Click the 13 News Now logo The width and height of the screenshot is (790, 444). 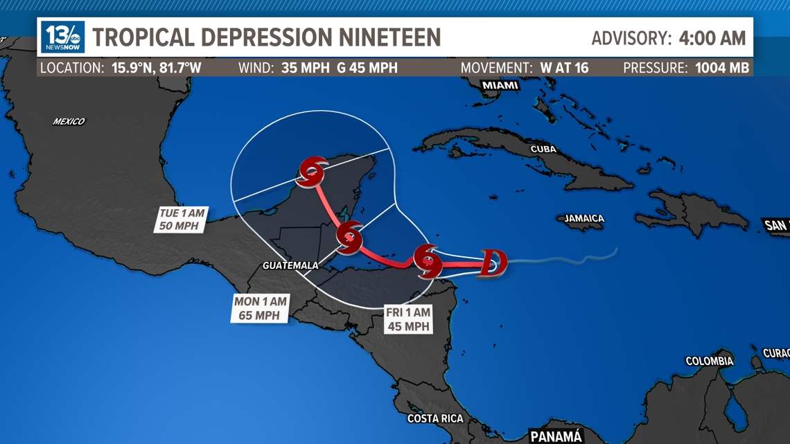pyautogui.click(x=62, y=37)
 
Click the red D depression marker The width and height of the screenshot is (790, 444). pyautogui.click(x=491, y=263)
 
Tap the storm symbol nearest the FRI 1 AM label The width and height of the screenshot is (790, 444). pyautogui.click(x=428, y=261)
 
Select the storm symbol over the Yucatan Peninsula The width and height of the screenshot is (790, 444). pyautogui.click(x=313, y=171)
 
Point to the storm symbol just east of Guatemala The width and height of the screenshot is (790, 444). pyautogui.click(x=349, y=237)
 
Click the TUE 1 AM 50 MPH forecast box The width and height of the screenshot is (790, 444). pyautogui.click(x=182, y=220)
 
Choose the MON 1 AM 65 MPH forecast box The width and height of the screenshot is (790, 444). pyautogui.click(x=259, y=308)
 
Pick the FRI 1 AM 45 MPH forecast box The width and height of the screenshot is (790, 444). pyautogui.click(x=409, y=319)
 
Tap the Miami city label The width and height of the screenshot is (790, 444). pyautogui.click(x=500, y=85)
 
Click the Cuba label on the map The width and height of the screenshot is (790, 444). pyautogui.click(x=543, y=149)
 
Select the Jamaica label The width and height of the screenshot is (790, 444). pyautogui.click(x=584, y=218)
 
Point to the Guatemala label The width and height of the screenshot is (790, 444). pyautogui.click(x=290, y=265)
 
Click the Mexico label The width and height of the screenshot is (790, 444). pyautogui.click(x=69, y=121)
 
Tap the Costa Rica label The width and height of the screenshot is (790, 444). pyautogui.click(x=435, y=418)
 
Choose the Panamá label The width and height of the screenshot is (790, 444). pyautogui.click(x=556, y=436)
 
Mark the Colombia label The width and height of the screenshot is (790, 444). pyautogui.click(x=709, y=361)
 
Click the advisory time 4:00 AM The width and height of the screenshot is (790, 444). pyautogui.click(x=712, y=37)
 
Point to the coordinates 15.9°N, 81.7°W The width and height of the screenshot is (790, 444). pyautogui.click(x=157, y=68)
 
